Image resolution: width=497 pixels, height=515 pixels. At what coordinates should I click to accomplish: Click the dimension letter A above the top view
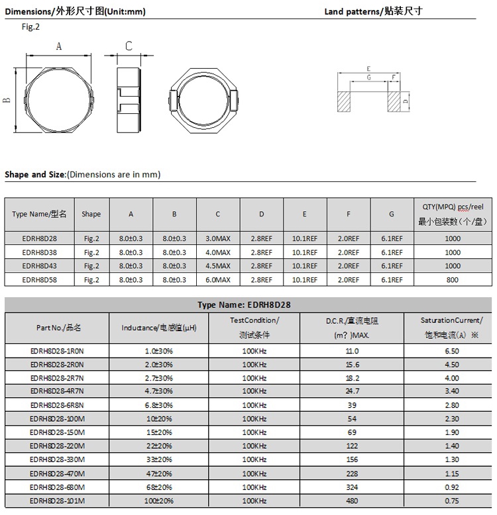click(58, 46)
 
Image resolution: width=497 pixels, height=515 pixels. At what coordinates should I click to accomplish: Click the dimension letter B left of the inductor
click(7, 100)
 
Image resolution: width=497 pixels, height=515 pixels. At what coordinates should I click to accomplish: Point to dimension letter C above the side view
click(129, 46)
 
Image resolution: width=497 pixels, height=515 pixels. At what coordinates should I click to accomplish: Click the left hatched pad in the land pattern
click(343, 102)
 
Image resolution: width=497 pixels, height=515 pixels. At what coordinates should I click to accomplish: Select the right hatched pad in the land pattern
click(394, 102)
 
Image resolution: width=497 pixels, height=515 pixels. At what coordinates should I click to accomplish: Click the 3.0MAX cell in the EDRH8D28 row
click(218, 238)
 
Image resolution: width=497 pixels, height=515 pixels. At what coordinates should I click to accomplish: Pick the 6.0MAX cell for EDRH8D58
click(218, 280)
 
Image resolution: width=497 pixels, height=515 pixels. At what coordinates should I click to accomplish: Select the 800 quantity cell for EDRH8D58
click(453, 280)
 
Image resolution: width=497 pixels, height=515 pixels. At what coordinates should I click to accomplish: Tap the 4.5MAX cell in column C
click(218, 266)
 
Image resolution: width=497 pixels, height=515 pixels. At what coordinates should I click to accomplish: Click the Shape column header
click(91, 214)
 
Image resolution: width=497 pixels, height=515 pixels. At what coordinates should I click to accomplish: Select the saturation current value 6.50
click(452, 351)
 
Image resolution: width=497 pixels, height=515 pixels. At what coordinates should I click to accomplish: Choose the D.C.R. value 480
click(352, 500)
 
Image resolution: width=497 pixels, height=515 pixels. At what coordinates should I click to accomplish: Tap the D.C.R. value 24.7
click(352, 391)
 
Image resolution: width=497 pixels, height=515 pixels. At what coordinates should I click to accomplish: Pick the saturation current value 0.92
click(452, 487)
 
